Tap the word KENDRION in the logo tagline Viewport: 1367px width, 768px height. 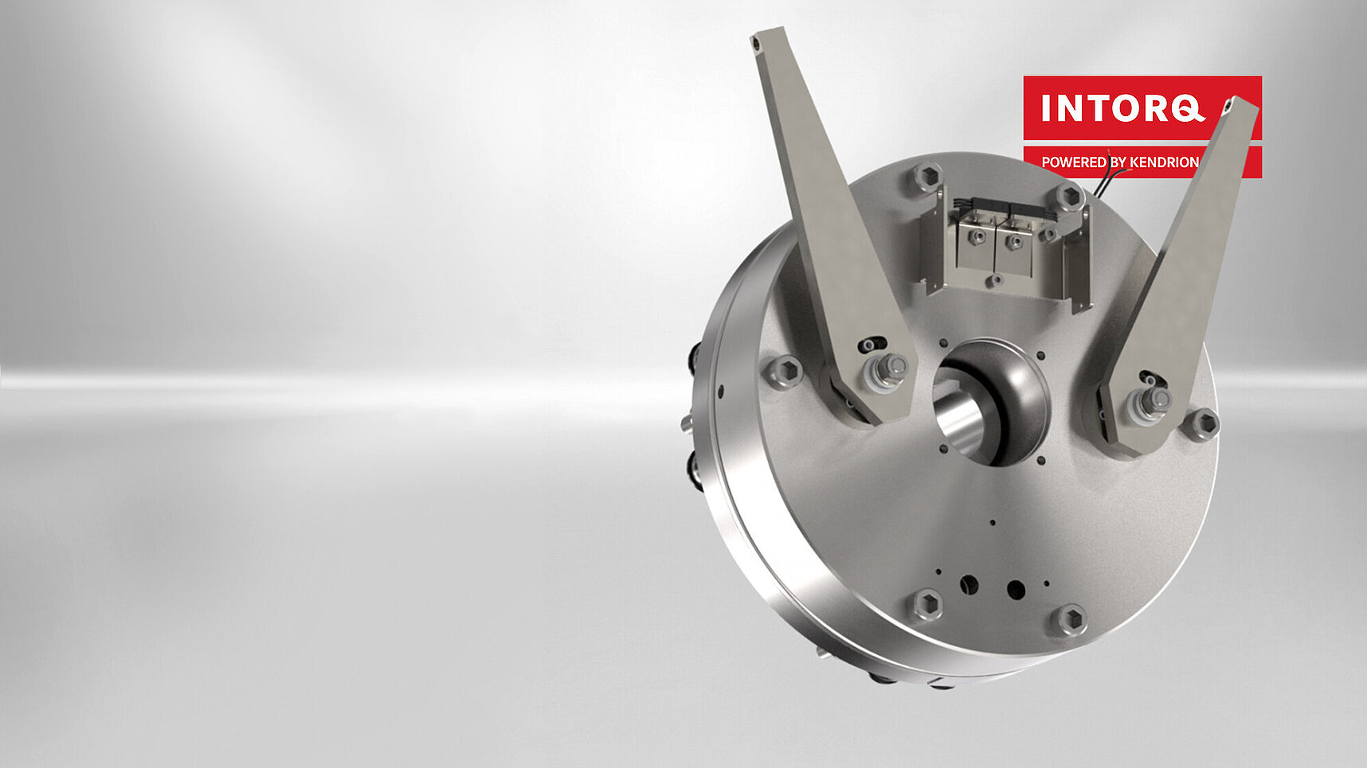(x=1164, y=162)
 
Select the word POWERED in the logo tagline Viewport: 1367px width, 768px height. (x=1074, y=162)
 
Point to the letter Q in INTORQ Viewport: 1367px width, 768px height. (x=1188, y=108)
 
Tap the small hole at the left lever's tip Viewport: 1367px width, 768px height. (x=761, y=37)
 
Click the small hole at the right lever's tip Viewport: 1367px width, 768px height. (x=1232, y=103)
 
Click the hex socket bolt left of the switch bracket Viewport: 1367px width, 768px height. (x=925, y=176)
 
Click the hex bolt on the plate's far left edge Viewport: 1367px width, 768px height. (x=782, y=372)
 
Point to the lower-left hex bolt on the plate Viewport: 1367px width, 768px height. (x=926, y=605)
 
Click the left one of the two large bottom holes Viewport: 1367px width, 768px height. (x=969, y=584)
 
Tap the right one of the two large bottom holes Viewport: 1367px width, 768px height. (x=1015, y=590)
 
